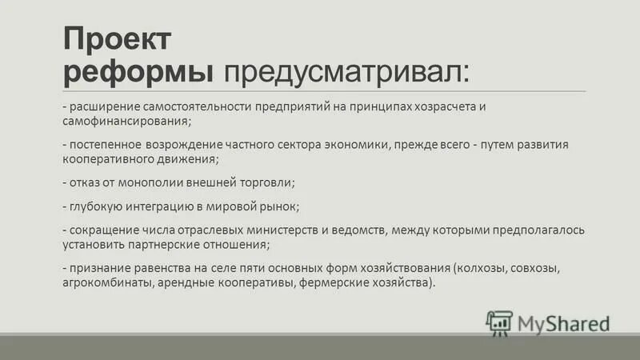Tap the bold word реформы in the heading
138,73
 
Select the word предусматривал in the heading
347,73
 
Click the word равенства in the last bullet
172,268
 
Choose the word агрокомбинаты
106,282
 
